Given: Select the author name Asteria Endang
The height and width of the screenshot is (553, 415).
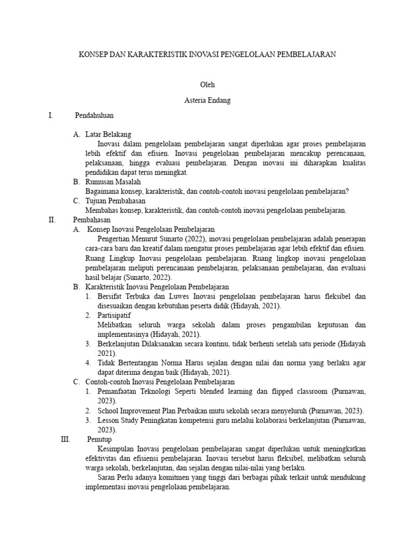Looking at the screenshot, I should pos(207,100).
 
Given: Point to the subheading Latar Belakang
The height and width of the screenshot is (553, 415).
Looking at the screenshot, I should pos(108,134).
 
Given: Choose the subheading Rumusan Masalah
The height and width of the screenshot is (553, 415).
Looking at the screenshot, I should pos(113,182).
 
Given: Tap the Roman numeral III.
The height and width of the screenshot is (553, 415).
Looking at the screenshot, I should pos(66,439).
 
